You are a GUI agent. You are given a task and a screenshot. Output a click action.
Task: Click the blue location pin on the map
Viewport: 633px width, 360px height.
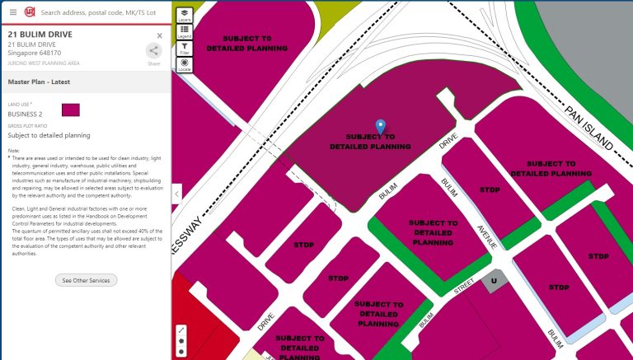(380, 125)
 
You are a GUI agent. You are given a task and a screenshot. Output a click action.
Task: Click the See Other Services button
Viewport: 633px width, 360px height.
(86, 280)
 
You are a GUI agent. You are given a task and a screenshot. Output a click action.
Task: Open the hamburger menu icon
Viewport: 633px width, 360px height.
(12, 12)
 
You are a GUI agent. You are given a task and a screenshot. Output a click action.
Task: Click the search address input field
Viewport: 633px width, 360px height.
(99, 13)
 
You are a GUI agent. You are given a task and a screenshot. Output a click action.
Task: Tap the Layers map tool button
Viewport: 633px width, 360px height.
(185, 15)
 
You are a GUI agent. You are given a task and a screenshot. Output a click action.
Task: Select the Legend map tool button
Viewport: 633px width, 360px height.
(185, 31)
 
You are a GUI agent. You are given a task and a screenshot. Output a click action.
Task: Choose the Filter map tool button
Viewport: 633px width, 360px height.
(185, 49)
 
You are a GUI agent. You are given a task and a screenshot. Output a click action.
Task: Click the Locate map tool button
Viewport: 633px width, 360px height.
(185, 64)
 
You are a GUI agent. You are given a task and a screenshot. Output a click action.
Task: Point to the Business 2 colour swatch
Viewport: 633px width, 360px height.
(70, 110)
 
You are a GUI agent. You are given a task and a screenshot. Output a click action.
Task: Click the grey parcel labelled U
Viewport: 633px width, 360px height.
(493, 280)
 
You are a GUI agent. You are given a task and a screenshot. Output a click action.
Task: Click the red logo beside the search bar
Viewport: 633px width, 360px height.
(30, 12)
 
